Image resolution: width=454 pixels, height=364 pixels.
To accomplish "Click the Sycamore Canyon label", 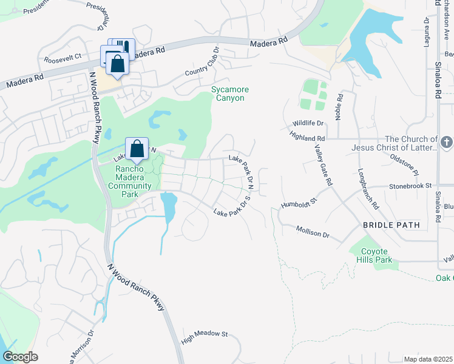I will [x=230, y=93].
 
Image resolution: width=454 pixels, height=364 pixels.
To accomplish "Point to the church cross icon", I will [x=446, y=143].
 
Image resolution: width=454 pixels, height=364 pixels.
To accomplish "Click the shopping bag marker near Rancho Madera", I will [x=137, y=149].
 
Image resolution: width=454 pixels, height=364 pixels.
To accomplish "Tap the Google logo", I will [x=20, y=357].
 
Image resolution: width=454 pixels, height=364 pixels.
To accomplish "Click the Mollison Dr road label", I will [x=312, y=231].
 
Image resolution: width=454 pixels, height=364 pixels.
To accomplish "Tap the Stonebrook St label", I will [x=410, y=186].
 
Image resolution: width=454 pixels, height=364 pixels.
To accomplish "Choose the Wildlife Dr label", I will [x=308, y=123].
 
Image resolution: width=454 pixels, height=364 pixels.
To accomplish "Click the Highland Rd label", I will [x=308, y=138].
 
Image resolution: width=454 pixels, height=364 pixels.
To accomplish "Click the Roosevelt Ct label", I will [x=63, y=59].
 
